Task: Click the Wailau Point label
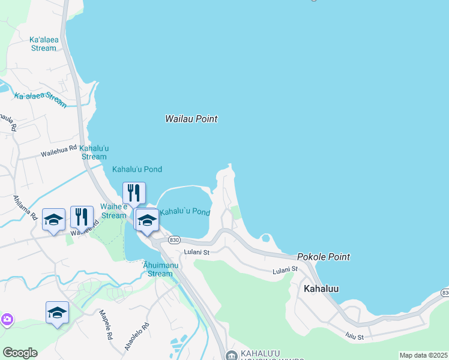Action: [x=191, y=119]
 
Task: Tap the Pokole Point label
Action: [x=323, y=257]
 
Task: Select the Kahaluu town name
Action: [x=321, y=289]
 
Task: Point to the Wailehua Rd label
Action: [x=59, y=151]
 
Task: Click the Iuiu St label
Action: [x=355, y=337]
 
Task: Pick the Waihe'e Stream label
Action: [x=113, y=211]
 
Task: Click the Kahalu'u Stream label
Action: [x=94, y=152]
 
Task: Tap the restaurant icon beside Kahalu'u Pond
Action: [x=134, y=193]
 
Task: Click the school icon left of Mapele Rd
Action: [x=57, y=313]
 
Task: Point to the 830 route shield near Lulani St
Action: [x=174, y=239]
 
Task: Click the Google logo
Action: [x=20, y=353]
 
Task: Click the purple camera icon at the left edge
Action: [x=7, y=319]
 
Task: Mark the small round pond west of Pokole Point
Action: [x=266, y=238]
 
